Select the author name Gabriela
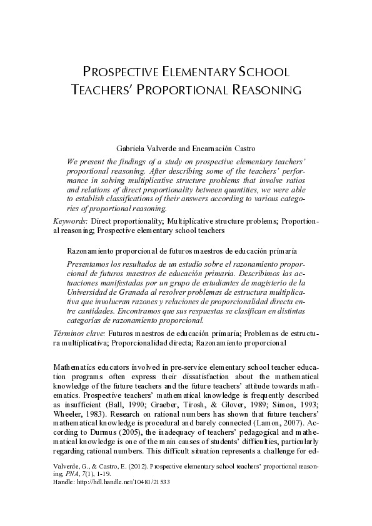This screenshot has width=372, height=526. tap(131, 148)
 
